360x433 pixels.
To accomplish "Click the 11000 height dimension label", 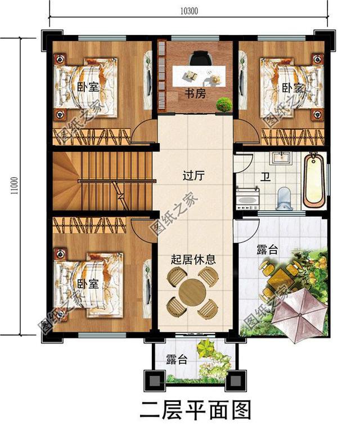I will click(x=12, y=186).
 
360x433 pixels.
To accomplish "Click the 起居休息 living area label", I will click(x=193, y=260).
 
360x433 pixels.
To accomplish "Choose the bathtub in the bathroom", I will click(x=314, y=181).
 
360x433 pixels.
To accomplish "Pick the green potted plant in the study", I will click(x=224, y=104).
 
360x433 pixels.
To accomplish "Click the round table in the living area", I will click(x=192, y=292).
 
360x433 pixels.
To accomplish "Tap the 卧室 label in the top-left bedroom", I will click(x=87, y=87).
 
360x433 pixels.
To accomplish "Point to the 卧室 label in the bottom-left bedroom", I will click(x=87, y=284).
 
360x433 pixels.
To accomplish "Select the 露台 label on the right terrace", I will click(x=267, y=251).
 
